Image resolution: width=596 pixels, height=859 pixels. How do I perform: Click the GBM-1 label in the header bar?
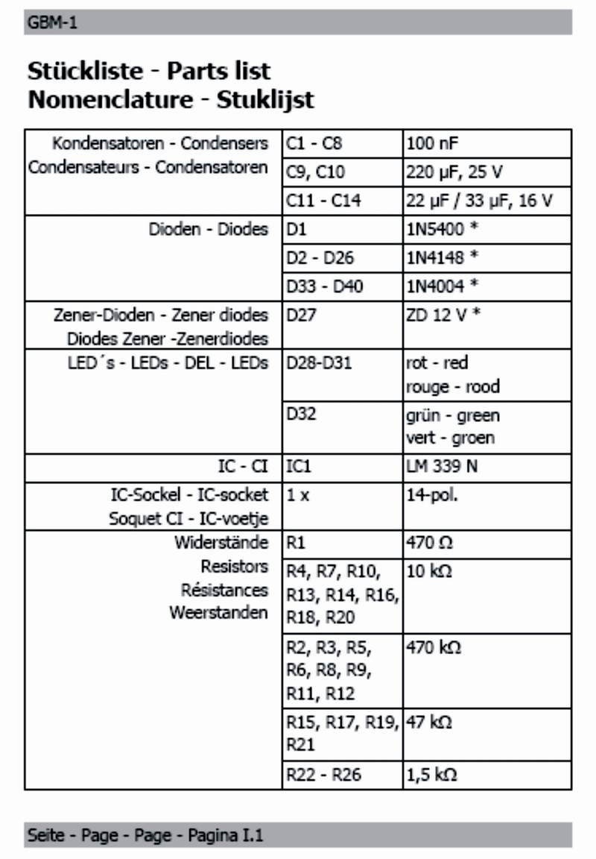(52, 23)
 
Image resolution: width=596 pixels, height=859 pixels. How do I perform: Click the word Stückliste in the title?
(83, 72)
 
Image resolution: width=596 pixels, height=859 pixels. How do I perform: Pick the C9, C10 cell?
(315, 172)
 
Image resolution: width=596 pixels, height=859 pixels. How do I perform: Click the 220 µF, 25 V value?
(454, 172)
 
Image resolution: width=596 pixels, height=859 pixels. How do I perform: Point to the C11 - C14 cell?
(323, 201)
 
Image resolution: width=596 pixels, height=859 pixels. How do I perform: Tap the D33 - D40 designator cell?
(325, 286)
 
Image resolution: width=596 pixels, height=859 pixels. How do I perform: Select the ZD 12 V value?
(443, 315)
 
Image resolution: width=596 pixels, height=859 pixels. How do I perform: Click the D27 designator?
(302, 315)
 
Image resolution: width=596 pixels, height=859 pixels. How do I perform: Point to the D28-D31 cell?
(319, 364)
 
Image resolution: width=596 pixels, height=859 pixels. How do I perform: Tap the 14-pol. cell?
(432, 494)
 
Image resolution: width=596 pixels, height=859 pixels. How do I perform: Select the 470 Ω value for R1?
(430, 542)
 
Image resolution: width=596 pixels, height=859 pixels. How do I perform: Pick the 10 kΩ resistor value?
(429, 572)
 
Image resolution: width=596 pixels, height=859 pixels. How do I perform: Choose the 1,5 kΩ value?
(431, 775)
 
